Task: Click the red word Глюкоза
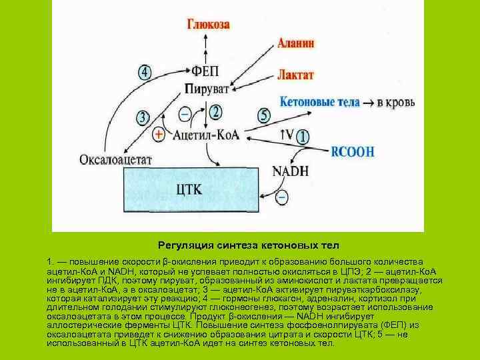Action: coord(208,25)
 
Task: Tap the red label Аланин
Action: coord(296,43)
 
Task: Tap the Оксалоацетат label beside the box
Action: coord(116,160)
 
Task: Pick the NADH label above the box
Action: coord(291,171)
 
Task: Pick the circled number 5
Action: coord(264,115)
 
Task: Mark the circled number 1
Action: coord(303,137)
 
